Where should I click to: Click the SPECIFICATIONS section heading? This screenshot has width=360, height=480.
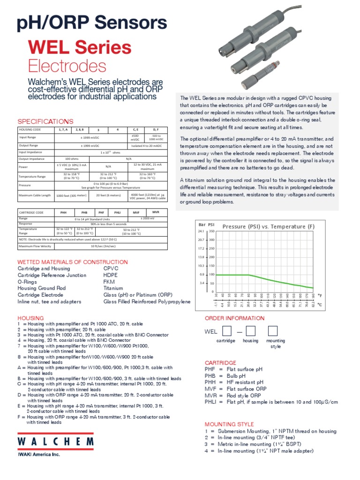(45, 121)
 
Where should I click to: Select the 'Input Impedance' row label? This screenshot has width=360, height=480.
(30, 152)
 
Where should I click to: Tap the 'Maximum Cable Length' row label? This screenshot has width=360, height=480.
(35, 195)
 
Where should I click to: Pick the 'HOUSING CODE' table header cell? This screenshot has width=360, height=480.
(30, 129)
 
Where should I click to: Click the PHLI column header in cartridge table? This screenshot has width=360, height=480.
(117, 212)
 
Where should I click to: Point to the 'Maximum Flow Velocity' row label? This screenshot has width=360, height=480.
(35, 246)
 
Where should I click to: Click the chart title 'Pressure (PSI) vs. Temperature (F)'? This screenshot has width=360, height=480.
(269, 226)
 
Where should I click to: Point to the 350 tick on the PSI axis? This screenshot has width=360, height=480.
(211, 232)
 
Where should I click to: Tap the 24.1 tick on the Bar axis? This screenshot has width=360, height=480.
(201, 232)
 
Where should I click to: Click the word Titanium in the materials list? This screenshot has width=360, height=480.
(113, 288)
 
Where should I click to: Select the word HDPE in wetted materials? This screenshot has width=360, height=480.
(111, 275)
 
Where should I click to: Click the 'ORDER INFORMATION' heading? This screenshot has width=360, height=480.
(234, 318)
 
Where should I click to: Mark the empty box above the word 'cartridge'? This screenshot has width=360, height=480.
(227, 331)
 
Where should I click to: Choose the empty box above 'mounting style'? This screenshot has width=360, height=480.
(273, 331)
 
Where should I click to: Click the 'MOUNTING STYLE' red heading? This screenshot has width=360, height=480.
(229, 424)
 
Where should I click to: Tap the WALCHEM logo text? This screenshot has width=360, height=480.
(55, 442)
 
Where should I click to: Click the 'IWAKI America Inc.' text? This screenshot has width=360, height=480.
(39, 454)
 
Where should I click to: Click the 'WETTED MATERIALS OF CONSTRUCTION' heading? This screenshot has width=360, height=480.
(72, 262)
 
